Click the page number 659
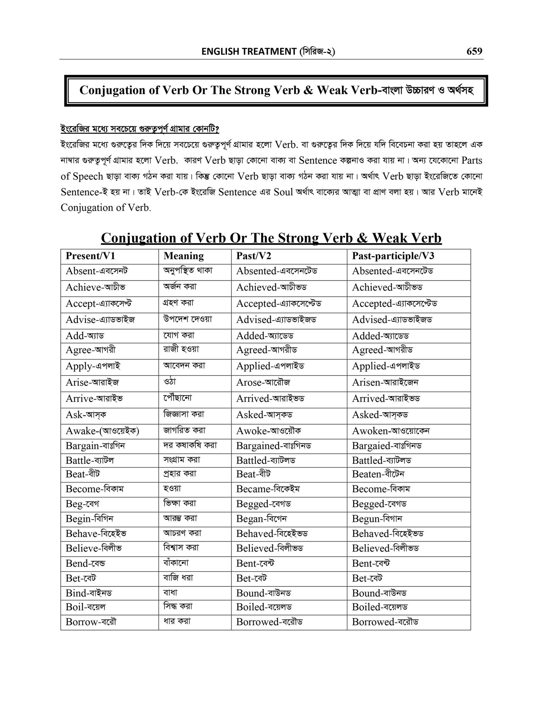tap(474, 51)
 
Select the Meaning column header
tap(184, 256)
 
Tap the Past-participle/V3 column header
tap(393, 256)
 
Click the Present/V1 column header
tap(90, 256)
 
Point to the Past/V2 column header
tap(254, 256)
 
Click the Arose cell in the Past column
tap(263, 382)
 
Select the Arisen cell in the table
tap(385, 382)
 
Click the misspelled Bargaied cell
tap(387, 446)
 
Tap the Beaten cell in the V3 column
tap(378, 474)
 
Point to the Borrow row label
tap(91, 622)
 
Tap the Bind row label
tap(89, 593)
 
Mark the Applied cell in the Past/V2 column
tap(270, 366)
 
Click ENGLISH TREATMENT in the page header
tap(249, 52)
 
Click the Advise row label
tap(100, 320)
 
